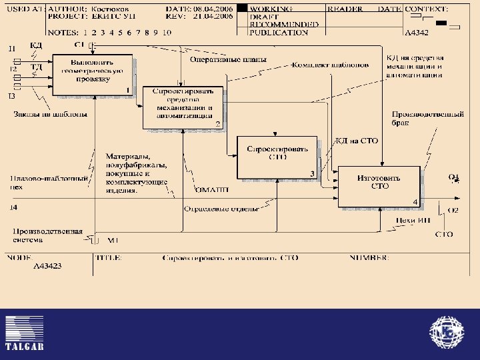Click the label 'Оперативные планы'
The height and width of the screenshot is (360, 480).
click(228, 60)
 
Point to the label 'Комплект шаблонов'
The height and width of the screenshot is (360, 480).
click(330, 65)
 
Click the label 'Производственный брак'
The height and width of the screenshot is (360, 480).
click(427, 119)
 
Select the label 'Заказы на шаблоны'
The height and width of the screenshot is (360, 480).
click(41, 114)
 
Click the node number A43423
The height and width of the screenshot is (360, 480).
click(48, 265)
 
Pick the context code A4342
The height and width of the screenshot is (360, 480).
click(417, 31)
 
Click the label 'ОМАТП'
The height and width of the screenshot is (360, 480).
click(213, 191)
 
